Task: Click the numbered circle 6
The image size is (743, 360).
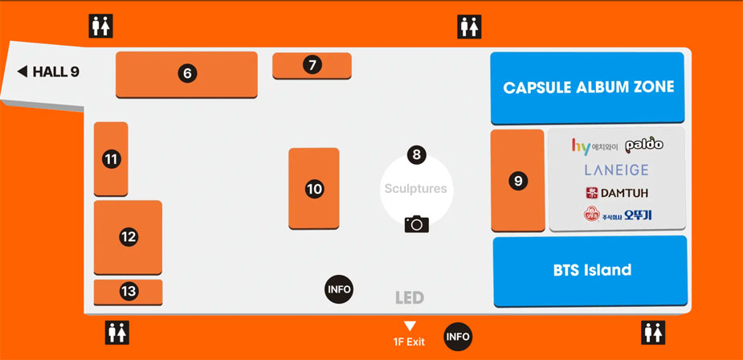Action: tap(187, 73)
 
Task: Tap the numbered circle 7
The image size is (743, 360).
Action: tap(312, 64)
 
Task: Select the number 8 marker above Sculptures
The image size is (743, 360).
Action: tap(415, 154)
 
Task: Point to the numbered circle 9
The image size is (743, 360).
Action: tap(518, 181)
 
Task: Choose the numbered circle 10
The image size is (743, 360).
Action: tap(314, 189)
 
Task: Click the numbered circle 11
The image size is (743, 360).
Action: tap(111, 159)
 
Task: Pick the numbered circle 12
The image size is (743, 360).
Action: tap(129, 237)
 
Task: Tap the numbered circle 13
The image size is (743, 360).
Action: tap(129, 292)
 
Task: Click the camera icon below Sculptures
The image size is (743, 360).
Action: tap(416, 223)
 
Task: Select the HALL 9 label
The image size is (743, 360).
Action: tap(49, 72)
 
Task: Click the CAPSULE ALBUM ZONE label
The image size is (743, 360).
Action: tap(588, 88)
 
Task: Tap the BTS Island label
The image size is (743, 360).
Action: tap(592, 270)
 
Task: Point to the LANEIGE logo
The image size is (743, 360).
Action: tap(616, 170)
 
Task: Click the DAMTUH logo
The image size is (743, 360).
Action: tap(617, 193)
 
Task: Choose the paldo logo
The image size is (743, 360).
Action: tap(643, 145)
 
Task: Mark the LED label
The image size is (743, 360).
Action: tap(409, 298)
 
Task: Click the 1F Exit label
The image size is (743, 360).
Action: tap(409, 342)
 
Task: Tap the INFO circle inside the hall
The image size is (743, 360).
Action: tap(338, 289)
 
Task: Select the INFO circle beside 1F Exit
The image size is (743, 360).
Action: tap(458, 337)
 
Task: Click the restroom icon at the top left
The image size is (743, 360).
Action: tap(100, 27)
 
